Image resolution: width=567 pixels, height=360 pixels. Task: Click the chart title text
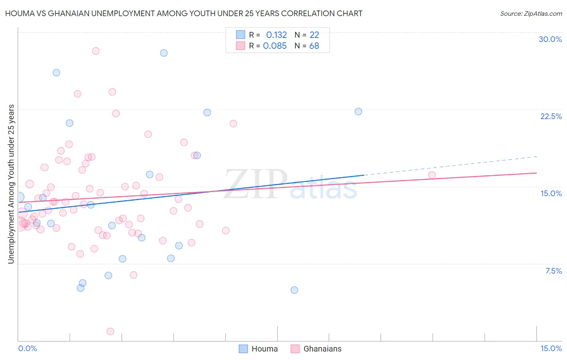183,13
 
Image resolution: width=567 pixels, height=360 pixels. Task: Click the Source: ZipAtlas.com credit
531,13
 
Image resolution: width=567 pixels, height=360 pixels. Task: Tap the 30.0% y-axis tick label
550,39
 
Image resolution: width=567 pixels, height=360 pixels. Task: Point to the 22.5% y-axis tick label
551,116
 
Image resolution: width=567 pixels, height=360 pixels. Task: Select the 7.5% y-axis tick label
553,271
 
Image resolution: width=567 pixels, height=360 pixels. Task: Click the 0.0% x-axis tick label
27,348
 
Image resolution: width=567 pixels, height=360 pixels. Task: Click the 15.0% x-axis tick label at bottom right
551,348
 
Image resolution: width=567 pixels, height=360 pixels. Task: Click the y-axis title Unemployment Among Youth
11,184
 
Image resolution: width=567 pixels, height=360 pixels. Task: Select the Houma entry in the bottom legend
258,349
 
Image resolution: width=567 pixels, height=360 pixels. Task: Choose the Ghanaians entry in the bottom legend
316,349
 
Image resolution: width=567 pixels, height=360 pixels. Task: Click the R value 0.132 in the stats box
276,35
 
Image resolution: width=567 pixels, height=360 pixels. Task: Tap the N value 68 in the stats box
314,46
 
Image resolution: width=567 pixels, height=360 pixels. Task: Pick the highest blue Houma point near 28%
164,53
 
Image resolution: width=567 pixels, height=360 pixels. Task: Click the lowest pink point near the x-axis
110,331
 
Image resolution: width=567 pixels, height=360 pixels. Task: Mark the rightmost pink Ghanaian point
432,175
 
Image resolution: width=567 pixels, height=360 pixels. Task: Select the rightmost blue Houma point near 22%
359,111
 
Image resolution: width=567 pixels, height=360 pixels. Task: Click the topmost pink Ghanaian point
96,51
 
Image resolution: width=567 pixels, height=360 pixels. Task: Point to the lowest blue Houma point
294,290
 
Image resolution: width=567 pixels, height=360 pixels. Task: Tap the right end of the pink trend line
536,173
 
